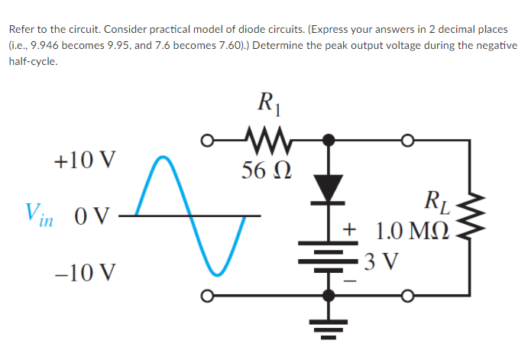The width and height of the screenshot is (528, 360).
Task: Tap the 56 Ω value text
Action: point(260,169)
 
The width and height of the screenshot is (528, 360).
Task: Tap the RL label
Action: point(441,204)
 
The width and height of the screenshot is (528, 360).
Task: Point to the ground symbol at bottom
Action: point(330,329)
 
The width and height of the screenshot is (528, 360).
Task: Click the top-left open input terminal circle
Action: point(207,141)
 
